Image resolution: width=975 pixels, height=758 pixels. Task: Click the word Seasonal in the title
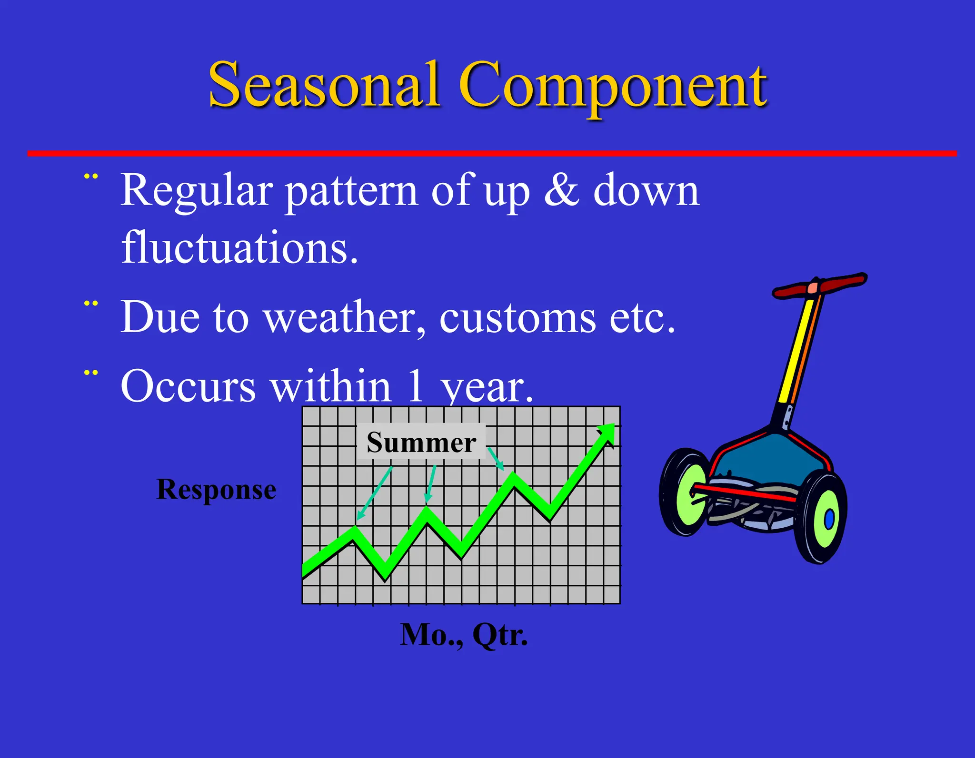[x=324, y=86]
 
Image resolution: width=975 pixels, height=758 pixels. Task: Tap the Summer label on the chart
[x=421, y=442]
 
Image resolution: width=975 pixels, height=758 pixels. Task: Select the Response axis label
[x=216, y=490]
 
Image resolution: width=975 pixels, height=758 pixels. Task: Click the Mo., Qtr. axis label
[x=464, y=635]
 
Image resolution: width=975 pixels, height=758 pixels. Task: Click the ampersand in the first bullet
[x=562, y=190]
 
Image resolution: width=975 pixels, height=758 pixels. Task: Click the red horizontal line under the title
[x=490, y=153]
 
